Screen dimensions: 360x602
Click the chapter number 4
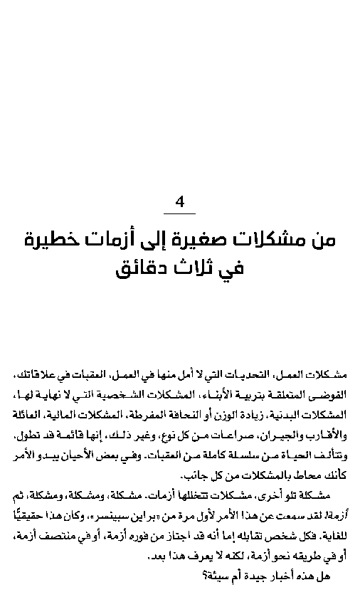179,202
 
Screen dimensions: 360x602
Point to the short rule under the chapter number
179,213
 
